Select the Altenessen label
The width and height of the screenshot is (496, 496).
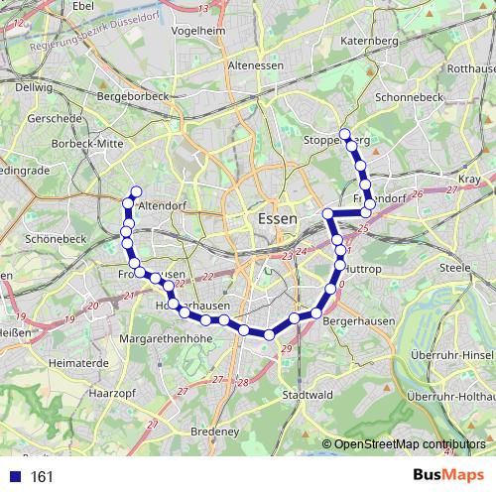pos(256,64)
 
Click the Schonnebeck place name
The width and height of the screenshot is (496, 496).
pos(407,100)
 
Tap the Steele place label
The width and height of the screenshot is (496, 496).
pos(454,267)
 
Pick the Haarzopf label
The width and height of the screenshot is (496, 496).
pos(108,394)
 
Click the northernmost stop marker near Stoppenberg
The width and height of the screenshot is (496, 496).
pos(344,134)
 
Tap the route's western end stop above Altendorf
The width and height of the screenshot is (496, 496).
pos(136,191)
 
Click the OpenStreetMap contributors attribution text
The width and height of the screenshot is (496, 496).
pos(408,445)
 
